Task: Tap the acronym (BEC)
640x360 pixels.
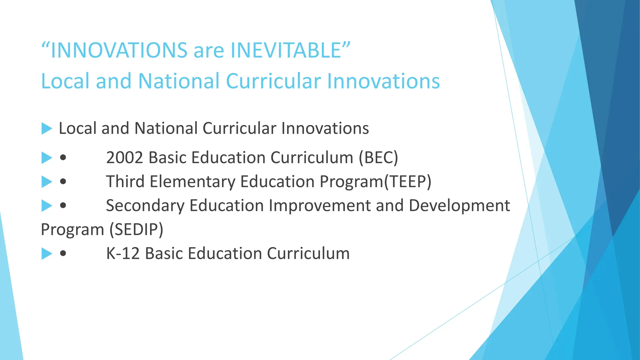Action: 378,157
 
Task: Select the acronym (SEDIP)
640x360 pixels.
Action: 136,229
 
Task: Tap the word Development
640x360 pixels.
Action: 459,206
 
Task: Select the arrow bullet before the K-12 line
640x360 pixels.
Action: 46,253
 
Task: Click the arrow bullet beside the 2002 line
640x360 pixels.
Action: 46,157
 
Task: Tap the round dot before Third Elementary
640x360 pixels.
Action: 63,182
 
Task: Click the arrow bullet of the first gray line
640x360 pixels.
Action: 46,128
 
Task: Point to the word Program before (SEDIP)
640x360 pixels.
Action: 72,230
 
